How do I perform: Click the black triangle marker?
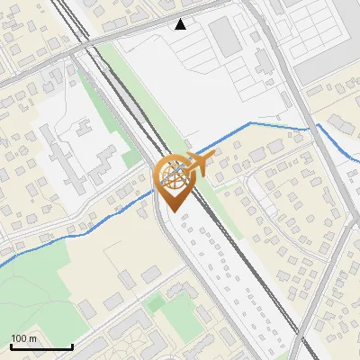(x=181, y=23)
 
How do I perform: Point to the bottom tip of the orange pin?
(x=173, y=211)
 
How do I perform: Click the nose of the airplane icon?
(x=212, y=156)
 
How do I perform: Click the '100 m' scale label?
(x=23, y=338)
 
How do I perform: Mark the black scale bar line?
(x=41, y=346)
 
